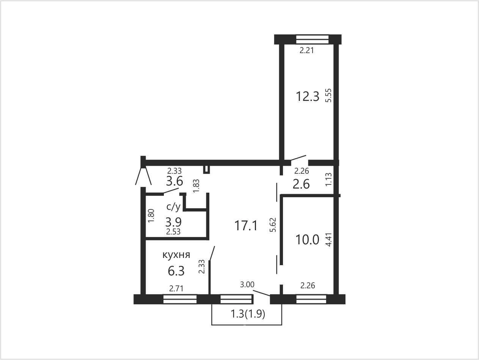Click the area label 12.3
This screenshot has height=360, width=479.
[x=308, y=96]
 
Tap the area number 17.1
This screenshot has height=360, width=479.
[x=246, y=226]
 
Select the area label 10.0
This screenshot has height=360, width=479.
[x=307, y=240]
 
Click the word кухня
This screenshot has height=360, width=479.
[x=176, y=255]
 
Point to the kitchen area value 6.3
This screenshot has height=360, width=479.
[x=176, y=271]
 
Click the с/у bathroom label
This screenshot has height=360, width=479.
[x=173, y=207]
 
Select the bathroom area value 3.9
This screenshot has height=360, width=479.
[x=173, y=222]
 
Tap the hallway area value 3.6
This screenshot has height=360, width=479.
[x=174, y=181]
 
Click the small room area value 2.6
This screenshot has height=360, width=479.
[x=301, y=184]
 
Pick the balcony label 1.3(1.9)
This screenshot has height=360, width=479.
[x=248, y=314]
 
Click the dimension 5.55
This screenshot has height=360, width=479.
[x=328, y=95]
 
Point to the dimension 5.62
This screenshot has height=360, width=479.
[x=273, y=225]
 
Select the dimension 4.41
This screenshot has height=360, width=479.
[x=328, y=240]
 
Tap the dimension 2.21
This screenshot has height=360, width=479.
[x=306, y=50]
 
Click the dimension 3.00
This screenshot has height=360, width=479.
[x=247, y=285]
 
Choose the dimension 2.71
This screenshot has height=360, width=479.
[x=176, y=289]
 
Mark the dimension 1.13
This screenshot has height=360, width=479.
[x=328, y=179]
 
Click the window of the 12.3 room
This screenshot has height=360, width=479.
[x=312, y=39]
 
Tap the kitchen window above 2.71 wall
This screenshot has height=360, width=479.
[x=180, y=299]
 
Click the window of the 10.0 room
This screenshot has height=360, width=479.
[x=311, y=299]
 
